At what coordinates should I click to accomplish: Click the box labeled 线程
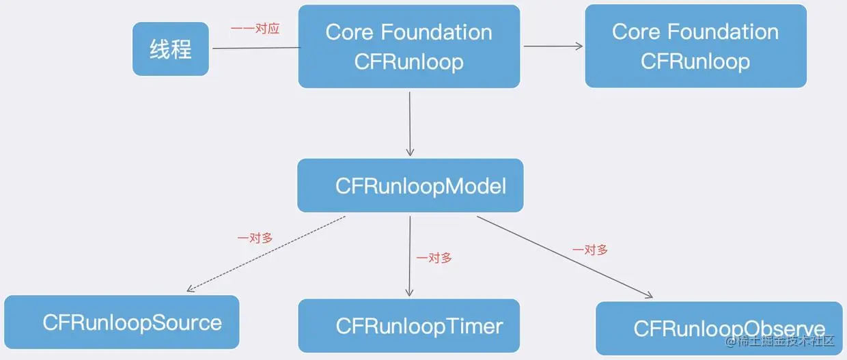(170, 49)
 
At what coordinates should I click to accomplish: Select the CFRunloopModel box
(410, 186)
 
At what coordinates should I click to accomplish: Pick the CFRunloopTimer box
(408, 326)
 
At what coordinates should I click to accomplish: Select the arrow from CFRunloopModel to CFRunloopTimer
(410, 256)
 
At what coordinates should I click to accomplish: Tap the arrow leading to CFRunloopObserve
(564, 257)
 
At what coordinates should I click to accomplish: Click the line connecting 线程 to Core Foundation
(255, 49)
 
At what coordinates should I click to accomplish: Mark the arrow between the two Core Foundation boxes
(553, 46)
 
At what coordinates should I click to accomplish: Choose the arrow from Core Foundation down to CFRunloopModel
(410, 123)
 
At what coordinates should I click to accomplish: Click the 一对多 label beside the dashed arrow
(255, 238)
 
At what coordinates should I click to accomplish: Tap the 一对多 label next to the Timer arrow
(434, 258)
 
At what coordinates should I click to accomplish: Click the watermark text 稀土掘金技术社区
(786, 340)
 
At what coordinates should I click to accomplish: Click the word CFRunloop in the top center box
(408, 61)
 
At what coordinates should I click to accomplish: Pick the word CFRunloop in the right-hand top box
(695, 61)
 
